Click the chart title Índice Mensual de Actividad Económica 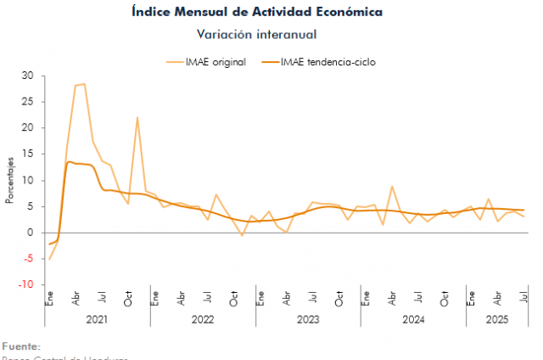coord(257,12)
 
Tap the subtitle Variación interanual coord(257,34)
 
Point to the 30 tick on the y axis coord(28,76)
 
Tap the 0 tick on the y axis coord(31,233)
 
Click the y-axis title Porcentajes coord(10,180)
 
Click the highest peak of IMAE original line coord(84,83)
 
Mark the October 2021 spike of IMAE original coord(137,117)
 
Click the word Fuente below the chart coord(20,346)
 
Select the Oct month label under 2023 coord(339,299)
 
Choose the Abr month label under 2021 coord(76,299)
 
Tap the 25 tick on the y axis coord(28,102)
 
